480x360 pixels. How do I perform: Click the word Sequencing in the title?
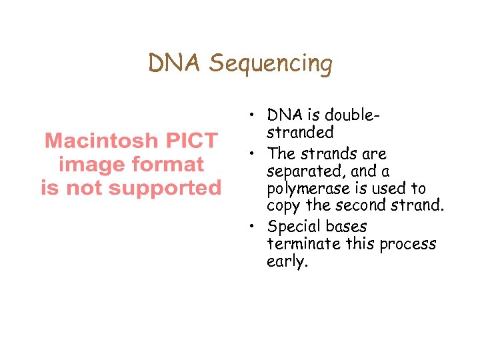click(270, 63)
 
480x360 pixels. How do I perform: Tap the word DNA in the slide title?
click(175, 63)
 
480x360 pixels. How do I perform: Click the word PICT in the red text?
click(191, 141)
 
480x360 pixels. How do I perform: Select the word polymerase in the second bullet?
click(304, 189)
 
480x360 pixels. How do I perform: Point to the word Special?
click(293, 227)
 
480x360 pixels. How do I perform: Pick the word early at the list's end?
click(287, 262)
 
